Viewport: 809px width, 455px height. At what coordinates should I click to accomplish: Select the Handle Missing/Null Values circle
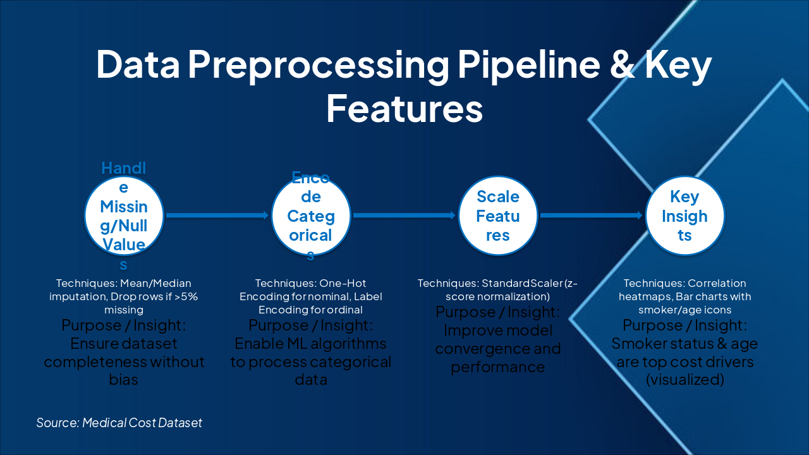click(x=124, y=215)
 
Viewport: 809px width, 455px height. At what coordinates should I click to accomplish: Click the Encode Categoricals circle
click(x=311, y=215)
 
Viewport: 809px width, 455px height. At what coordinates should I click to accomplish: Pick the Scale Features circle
click(x=498, y=215)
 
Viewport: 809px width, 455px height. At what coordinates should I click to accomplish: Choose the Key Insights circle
click(x=684, y=215)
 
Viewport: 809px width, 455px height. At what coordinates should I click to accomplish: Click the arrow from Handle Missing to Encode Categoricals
click(x=217, y=215)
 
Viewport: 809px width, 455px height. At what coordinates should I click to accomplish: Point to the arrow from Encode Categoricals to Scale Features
click(x=404, y=215)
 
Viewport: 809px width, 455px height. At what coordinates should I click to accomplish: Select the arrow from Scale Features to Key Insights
click(x=591, y=215)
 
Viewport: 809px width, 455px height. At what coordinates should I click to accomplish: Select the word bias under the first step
click(x=124, y=380)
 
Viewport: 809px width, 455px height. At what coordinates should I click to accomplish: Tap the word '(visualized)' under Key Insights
click(x=684, y=380)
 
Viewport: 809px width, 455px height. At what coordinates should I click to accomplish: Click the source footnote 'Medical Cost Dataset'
click(x=142, y=423)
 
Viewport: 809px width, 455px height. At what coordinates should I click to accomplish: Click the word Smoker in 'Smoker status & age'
click(x=637, y=344)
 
